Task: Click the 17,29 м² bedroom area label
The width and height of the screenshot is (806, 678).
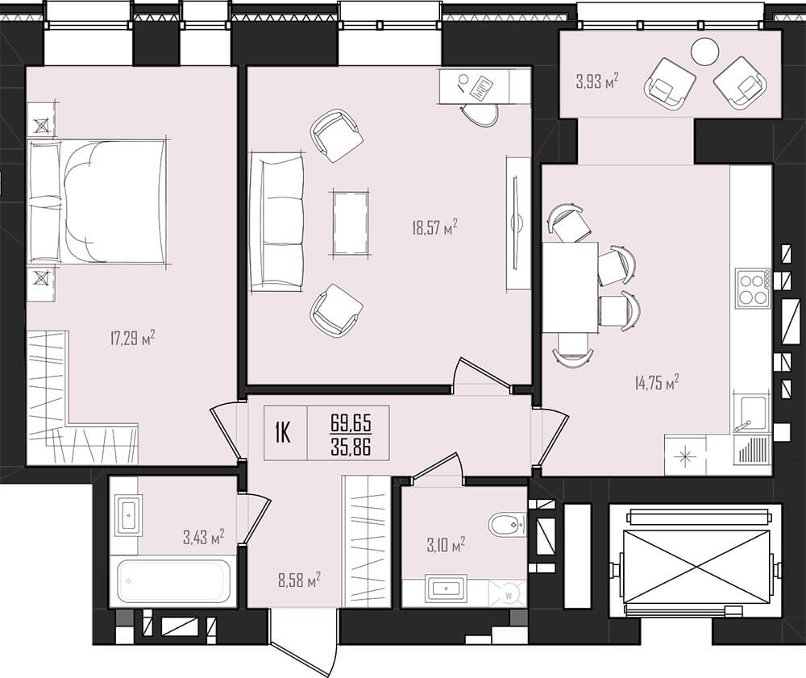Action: (133, 338)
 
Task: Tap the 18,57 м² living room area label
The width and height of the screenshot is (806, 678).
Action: (434, 227)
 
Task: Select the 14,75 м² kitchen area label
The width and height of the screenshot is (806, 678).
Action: (657, 382)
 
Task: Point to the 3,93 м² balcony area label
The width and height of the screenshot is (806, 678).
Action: (596, 81)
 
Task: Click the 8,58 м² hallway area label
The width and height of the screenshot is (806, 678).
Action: (299, 580)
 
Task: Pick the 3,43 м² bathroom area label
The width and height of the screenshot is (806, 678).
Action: (204, 538)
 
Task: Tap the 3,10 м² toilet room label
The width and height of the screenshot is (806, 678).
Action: (446, 545)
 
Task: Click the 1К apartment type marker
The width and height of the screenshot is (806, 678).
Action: (283, 433)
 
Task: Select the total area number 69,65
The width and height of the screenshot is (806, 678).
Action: (351, 423)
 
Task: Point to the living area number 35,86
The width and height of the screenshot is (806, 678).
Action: (351, 447)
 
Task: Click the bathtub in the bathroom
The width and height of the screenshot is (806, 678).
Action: (174, 580)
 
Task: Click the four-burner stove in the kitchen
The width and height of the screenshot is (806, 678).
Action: (753, 289)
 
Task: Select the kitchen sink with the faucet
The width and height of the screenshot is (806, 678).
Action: (752, 414)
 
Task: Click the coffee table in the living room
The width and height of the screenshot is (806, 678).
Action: (351, 223)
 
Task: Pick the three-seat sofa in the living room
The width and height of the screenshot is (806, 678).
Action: (276, 222)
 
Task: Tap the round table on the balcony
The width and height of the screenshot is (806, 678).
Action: (705, 52)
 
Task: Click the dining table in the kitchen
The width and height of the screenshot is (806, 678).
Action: (570, 287)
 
